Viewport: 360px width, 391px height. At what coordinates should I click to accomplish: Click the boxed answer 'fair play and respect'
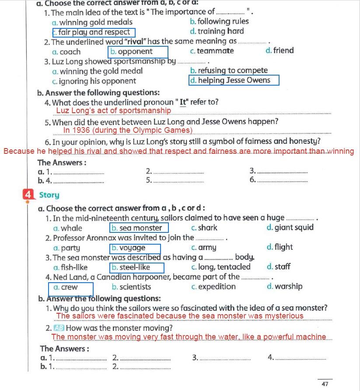94,32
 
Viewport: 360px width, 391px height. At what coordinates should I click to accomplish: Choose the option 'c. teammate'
212,51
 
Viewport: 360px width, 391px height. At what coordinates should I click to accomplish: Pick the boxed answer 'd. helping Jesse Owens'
234,80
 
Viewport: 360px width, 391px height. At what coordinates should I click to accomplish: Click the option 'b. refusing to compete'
229,70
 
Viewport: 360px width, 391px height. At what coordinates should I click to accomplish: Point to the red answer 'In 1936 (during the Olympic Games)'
128,130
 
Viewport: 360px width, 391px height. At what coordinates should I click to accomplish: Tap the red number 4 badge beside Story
28,194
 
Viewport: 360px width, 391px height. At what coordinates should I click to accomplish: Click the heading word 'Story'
49,195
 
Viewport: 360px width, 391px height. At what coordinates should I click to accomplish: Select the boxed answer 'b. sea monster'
139,228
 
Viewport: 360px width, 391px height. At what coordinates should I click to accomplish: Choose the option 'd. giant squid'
290,227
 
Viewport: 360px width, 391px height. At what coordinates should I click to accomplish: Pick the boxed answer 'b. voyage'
135,248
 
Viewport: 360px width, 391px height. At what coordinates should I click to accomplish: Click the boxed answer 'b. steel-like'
137,267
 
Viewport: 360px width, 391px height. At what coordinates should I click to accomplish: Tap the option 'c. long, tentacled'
221,267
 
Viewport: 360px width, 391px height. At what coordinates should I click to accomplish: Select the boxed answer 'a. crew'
71,287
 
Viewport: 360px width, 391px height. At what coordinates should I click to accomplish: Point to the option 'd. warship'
284,287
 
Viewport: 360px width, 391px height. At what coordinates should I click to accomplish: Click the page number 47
325,384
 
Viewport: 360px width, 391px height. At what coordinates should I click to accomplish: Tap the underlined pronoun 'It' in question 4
183,103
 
